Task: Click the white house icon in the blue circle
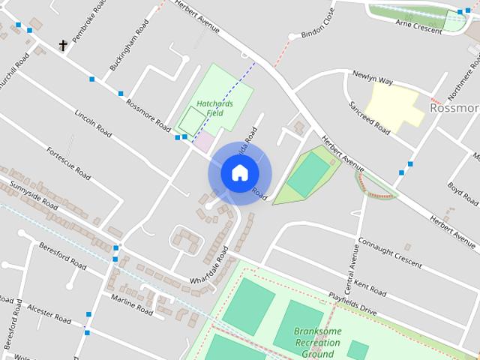239,172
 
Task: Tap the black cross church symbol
63,46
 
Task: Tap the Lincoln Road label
93,124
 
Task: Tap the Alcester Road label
49,314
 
